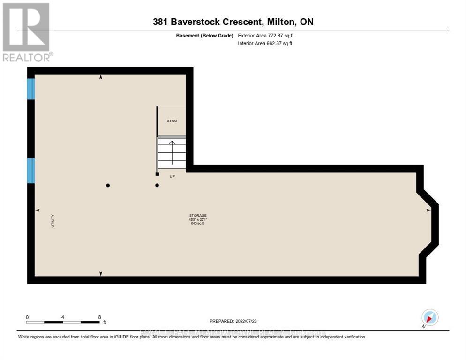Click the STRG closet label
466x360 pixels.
(172, 121)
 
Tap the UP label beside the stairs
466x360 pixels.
(172, 177)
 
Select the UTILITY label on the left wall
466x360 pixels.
(53, 221)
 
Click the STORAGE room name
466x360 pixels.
(197, 215)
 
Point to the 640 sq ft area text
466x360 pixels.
(197, 224)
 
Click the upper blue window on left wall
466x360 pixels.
(31, 89)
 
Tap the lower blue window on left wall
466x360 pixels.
(31, 170)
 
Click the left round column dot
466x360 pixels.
(108, 185)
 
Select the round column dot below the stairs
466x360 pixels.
(157, 185)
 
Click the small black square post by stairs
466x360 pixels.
(157, 174)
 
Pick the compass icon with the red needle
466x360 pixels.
(429, 317)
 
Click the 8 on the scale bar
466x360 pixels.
(99, 317)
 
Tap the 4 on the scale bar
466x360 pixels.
(62, 317)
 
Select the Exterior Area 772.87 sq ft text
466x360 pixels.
(266, 35)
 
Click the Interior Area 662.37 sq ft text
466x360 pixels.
(265, 44)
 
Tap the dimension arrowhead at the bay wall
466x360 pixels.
(428, 210)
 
